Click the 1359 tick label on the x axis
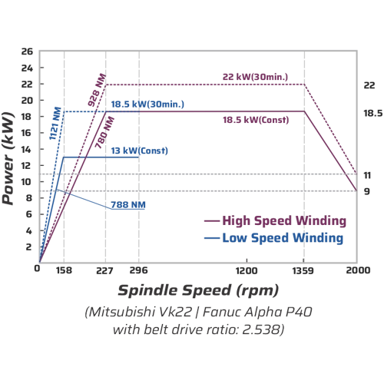coord(303,270)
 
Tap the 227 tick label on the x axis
coord(104,270)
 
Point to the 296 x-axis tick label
coord(139,270)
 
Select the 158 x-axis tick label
coord(64,270)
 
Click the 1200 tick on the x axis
coord(247,270)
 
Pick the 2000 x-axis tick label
coord(358,270)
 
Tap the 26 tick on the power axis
coord(27,51)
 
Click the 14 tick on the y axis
coord(27,149)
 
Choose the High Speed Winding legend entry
coord(275,220)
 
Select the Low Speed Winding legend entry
coord(273,238)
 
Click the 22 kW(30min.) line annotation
coord(255,77)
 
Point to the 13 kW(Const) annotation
coord(140,151)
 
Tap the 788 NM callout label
coord(128,205)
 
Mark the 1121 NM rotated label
coord(55,124)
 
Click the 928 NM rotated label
coord(97,90)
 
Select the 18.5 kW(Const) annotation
coord(256,120)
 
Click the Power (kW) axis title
coord(8,158)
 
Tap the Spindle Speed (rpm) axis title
coord(198,290)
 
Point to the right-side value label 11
coord(367,175)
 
